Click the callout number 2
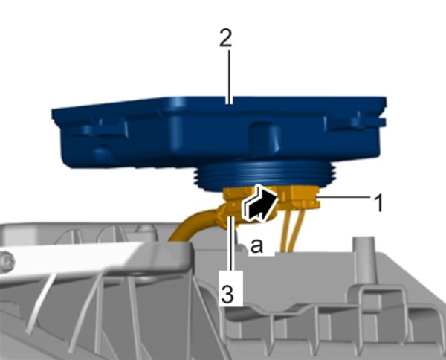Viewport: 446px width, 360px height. click(x=226, y=38)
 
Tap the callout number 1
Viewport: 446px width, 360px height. click(x=378, y=203)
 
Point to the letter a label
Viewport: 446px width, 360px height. click(x=256, y=245)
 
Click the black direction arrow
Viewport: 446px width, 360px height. click(x=259, y=203)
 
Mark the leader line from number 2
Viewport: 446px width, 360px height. click(x=229, y=77)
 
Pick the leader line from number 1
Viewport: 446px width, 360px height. click(x=343, y=197)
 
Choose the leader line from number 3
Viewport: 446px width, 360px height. click(x=232, y=243)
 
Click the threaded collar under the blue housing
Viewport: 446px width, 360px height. click(x=266, y=176)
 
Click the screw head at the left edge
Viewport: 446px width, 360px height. click(x=6, y=260)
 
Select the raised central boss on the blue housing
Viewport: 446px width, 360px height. click(x=264, y=137)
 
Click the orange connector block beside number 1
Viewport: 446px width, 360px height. click(x=302, y=197)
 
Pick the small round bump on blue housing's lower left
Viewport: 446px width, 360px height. click(x=103, y=153)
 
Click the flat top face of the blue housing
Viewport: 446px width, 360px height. click(x=219, y=105)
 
